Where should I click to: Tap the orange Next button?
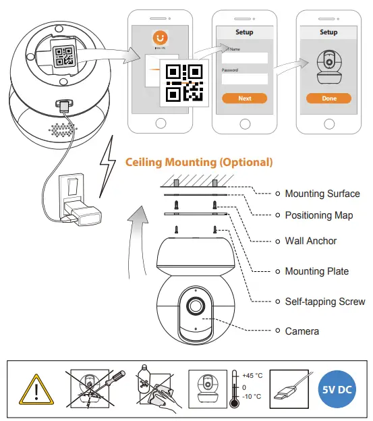244,99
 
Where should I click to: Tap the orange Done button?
328,99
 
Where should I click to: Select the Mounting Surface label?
322,194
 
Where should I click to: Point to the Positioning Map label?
318,215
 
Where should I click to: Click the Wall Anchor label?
310,241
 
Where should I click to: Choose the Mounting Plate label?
316,271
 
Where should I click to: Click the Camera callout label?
302,331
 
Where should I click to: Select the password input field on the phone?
244,79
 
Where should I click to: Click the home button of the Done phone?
328,123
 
